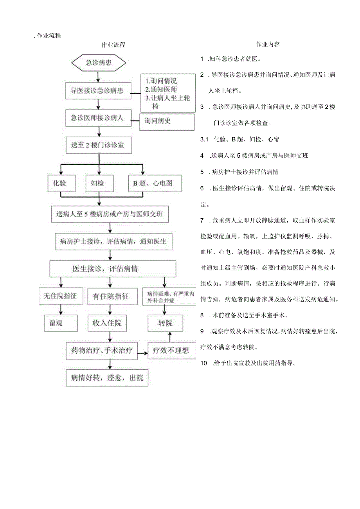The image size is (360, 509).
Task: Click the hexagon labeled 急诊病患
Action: [99, 63]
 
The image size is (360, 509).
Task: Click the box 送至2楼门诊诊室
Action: [98, 145]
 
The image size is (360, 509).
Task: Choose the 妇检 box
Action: [99, 183]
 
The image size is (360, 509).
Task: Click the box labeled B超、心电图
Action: [155, 183]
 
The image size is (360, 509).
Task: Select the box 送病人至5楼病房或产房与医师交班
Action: [110, 214]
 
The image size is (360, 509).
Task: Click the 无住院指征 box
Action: [61, 296]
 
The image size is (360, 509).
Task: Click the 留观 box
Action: [61, 323]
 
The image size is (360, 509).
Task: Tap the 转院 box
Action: [165, 323]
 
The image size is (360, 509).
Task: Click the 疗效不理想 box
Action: [171, 351]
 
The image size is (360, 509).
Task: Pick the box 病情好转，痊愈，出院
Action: [107, 378]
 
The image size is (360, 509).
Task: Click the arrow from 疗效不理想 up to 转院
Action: [169, 337]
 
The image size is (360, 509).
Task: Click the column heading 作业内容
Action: [268, 44]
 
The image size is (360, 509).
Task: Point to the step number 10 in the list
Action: [203, 363]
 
